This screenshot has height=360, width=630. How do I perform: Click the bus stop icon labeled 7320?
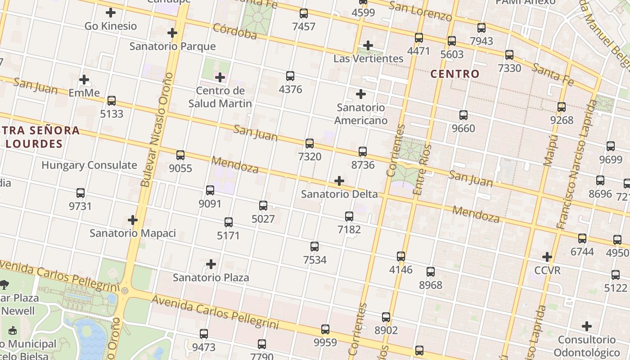(x=310, y=144)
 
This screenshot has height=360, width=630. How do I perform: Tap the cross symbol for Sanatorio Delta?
(x=339, y=181)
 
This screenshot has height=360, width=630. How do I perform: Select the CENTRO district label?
(x=455, y=74)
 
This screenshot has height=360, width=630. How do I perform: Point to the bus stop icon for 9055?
(x=180, y=155)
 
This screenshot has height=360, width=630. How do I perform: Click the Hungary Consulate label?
(x=89, y=165)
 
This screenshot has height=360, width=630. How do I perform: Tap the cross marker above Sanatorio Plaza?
(x=211, y=264)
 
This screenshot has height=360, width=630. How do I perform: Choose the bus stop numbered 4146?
(x=401, y=256)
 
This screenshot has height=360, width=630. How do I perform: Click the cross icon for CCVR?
(x=547, y=257)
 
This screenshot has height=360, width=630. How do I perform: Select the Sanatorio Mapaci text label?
(x=133, y=233)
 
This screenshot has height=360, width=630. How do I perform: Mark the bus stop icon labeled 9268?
(x=562, y=107)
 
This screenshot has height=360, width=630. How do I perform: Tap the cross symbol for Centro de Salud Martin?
(x=220, y=77)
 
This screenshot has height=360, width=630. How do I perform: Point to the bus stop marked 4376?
(x=290, y=76)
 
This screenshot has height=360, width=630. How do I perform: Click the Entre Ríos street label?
(x=422, y=169)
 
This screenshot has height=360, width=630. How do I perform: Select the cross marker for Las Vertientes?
(x=368, y=45)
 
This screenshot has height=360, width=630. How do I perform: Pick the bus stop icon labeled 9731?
(x=81, y=193)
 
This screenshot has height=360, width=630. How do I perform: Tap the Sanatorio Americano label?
(x=361, y=114)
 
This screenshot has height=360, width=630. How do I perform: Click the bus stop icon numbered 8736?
(x=363, y=152)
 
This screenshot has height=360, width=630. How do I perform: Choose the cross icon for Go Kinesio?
(x=111, y=13)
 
